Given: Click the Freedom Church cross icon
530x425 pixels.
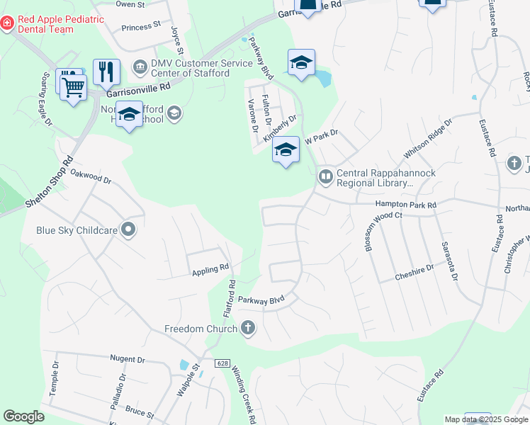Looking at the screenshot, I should pos(247,328).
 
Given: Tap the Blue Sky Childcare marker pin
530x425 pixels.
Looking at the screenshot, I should pos(128,229).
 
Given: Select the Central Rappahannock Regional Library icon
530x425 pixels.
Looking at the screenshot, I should pos(325,176).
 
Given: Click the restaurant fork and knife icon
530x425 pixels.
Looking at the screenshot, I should pos(106,71).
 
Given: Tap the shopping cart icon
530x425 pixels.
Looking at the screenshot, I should pos(73,88).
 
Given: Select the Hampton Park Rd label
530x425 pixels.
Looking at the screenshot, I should pos(406,205).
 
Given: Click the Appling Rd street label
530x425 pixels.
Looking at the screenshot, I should pos(211,270).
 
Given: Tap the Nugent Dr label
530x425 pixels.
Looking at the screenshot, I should pos(128,360).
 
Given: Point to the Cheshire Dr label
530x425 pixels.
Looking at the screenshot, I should pos(414,274).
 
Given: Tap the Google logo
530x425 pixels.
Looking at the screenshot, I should pos(23,416).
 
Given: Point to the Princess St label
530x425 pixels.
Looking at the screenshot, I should pos(141,27).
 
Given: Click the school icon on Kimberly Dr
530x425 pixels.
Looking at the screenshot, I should pos(286,150).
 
